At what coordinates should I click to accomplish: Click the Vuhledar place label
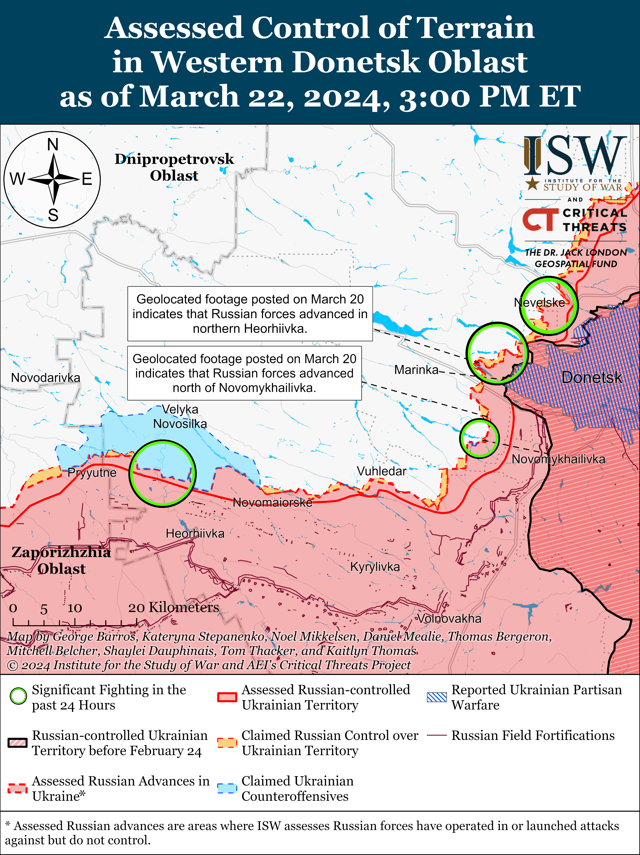pos(381,471)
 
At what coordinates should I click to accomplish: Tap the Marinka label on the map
pos(416,370)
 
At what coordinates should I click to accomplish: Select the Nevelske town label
pos(539,303)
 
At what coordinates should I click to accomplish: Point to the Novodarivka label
pos(46,378)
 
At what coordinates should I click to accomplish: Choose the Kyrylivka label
pos(375,567)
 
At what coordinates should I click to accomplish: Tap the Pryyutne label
pos(92,473)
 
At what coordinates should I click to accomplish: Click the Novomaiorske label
pos(272,502)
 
